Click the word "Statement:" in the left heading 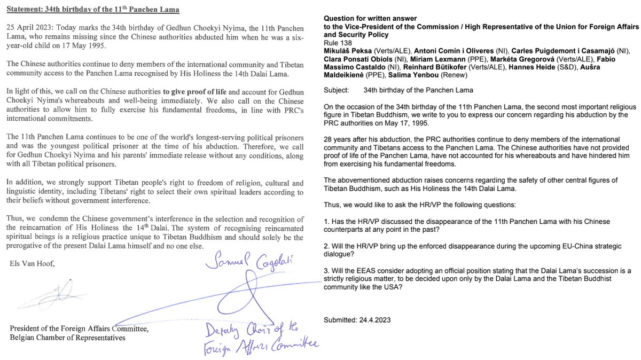tap(26, 10)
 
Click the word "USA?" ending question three tap(393, 287)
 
